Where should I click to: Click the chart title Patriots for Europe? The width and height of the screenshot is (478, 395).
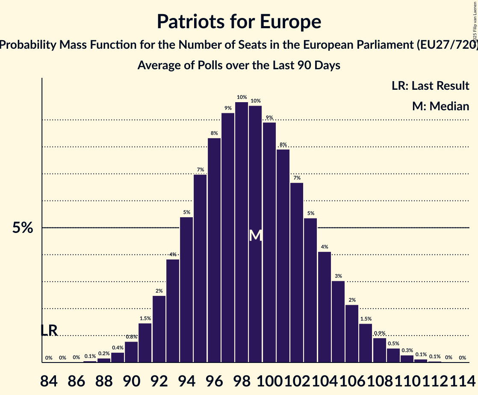pos(239,21)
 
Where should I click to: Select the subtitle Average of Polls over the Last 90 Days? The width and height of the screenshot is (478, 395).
pos(239,65)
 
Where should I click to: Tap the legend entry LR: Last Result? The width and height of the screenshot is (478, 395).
pos(430,85)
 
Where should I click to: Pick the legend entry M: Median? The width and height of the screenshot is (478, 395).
pos(440,106)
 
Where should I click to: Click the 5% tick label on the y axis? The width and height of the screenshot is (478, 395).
pos(23,228)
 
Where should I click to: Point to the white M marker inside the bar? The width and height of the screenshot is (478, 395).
pos(255,235)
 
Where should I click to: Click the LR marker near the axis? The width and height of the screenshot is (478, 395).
pos(49,330)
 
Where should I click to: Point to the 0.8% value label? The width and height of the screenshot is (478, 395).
pos(131,337)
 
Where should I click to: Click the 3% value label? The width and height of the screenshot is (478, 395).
pos(338,276)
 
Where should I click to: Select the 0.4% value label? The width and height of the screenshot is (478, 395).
pos(118,348)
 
